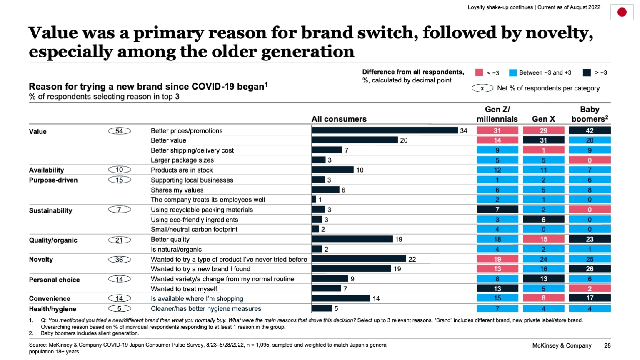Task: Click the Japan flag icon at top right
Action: pos(622,12)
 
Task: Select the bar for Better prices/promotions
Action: pos(384,130)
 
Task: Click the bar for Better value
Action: pos(355,140)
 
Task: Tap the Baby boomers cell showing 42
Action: pos(590,130)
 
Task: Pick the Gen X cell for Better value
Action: pos(543,140)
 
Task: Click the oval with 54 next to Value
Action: pos(120,131)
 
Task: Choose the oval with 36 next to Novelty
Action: pos(120,260)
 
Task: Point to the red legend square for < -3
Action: pos(479,72)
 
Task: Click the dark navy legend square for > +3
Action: pos(587,72)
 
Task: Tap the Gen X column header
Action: pos(543,119)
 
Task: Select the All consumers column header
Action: pos(339,119)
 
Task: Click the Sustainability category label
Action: pos(50,210)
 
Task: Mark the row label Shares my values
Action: pos(177,190)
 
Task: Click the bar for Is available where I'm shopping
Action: pos(341,298)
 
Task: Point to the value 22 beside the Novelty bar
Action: pos(412,259)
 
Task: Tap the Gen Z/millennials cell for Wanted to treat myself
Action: pos(497,288)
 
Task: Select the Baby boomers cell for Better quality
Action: pos(590,239)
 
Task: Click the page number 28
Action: pos(607,345)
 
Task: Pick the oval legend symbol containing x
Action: pos(482,88)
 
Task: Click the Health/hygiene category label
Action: pos(52,309)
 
